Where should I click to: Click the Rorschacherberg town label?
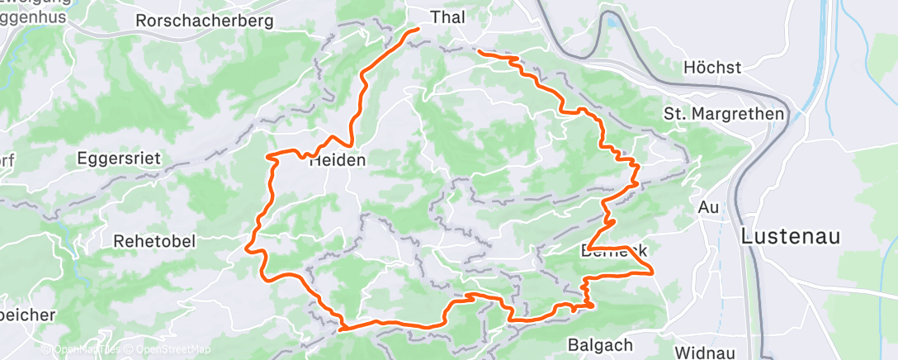click(x=204, y=21)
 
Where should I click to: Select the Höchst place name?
click(x=713, y=68)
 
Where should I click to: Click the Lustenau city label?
click(x=791, y=235)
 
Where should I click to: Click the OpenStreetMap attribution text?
click(x=168, y=349)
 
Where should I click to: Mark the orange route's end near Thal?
click(x=418, y=30)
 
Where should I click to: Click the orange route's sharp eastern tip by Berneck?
click(x=653, y=270)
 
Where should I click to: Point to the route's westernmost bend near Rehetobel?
click(x=247, y=244)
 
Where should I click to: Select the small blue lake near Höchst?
click(x=613, y=37)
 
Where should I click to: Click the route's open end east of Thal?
click(x=480, y=54)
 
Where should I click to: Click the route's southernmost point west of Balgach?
click(x=341, y=329)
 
